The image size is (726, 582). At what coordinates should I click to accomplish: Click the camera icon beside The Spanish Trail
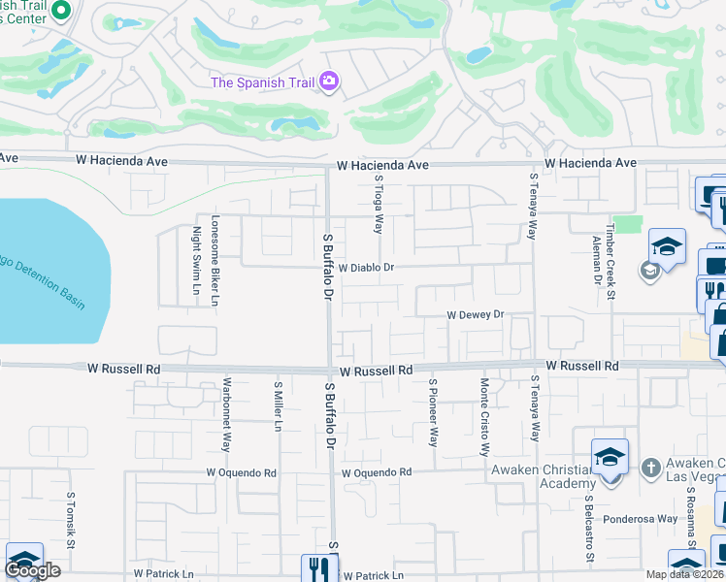click(329, 81)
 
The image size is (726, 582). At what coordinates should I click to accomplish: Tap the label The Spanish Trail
click(263, 81)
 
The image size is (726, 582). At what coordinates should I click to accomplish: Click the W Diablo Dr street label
click(366, 266)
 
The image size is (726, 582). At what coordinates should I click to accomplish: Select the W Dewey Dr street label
click(476, 314)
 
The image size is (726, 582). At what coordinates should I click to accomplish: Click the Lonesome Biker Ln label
click(216, 259)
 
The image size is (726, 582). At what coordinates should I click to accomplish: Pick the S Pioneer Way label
click(434, 412)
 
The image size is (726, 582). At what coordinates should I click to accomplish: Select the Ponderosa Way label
click(641, 519)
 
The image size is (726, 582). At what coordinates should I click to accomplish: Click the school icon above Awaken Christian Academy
click(610, 456)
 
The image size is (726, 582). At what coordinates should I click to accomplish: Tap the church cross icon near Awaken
click(651, 468)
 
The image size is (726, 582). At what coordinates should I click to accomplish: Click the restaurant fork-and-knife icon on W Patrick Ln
click(318, 567)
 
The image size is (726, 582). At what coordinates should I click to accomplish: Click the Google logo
click(32, 570)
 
